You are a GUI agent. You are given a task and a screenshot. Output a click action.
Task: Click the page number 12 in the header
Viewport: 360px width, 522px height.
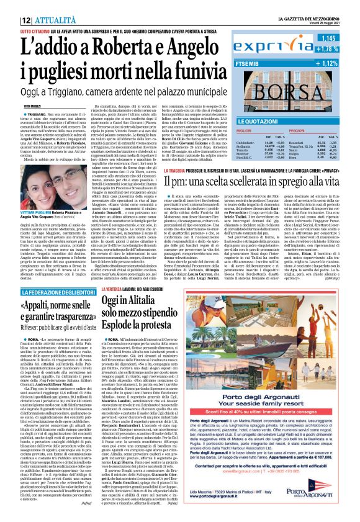pyautogui.click(x=12, y=5)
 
